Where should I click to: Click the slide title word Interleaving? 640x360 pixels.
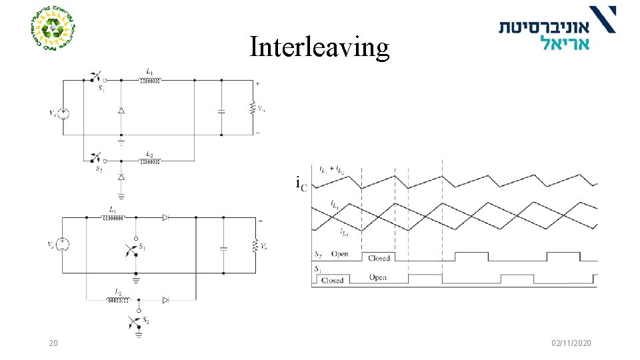pyautogui.click(x=319, y=47)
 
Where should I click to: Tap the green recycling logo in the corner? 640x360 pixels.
pyautogui.click(x=53, y=29)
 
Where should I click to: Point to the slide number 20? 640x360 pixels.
pyautogui.click(x=53, y=343)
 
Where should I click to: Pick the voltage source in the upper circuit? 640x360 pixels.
pyautogui.click(x=63, y=113)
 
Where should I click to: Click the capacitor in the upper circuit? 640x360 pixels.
pyautogui.click(x=221, y=111)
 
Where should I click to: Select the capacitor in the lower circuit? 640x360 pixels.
pyautogui.click(x=223, y=247)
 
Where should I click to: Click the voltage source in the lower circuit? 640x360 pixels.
pyautogui.click(x=62, y=244)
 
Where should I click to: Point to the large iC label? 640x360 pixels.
pyautogui.click(x=301, y=183)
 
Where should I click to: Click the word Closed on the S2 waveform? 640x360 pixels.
pyautogui.click(x=379, y=258)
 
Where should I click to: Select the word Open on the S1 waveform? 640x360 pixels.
pyautogui.click(x=378, y=277)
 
